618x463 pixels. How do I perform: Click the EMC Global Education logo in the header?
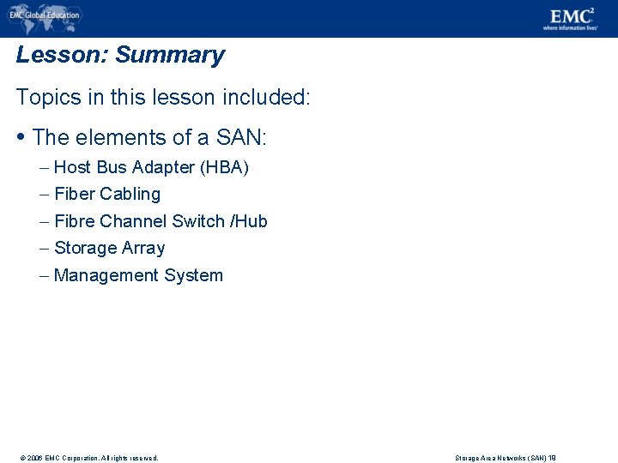[44, 15]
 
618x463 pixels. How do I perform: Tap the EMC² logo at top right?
[569, 18]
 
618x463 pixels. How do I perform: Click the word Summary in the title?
[170, 56]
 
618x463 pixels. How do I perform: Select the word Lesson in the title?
[60, 56]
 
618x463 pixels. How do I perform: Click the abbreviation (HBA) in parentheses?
[224, 167]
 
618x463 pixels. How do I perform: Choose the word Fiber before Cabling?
[74, 194]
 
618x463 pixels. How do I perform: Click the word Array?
[143, 248]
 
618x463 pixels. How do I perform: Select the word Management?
[100, 275]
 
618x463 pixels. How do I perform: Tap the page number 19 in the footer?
[552, 458]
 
